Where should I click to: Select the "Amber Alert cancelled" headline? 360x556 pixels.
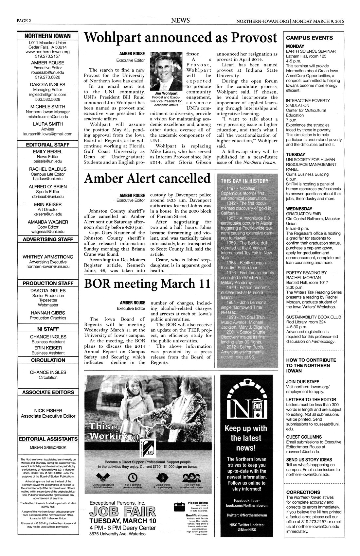pos(147,179)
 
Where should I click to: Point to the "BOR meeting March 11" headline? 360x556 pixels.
pos(147,284)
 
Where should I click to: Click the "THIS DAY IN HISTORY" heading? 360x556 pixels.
pos(244,181)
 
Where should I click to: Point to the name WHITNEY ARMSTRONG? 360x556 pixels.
pos(48,257)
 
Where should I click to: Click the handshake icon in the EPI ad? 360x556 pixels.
pos(102,477)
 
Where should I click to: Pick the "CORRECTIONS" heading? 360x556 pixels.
pos(303,492)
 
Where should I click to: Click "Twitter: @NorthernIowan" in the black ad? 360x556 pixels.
pos(246,515)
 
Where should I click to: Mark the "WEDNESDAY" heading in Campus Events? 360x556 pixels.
pos(299,209)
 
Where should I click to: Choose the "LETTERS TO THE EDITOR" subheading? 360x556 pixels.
pos(311,399)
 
